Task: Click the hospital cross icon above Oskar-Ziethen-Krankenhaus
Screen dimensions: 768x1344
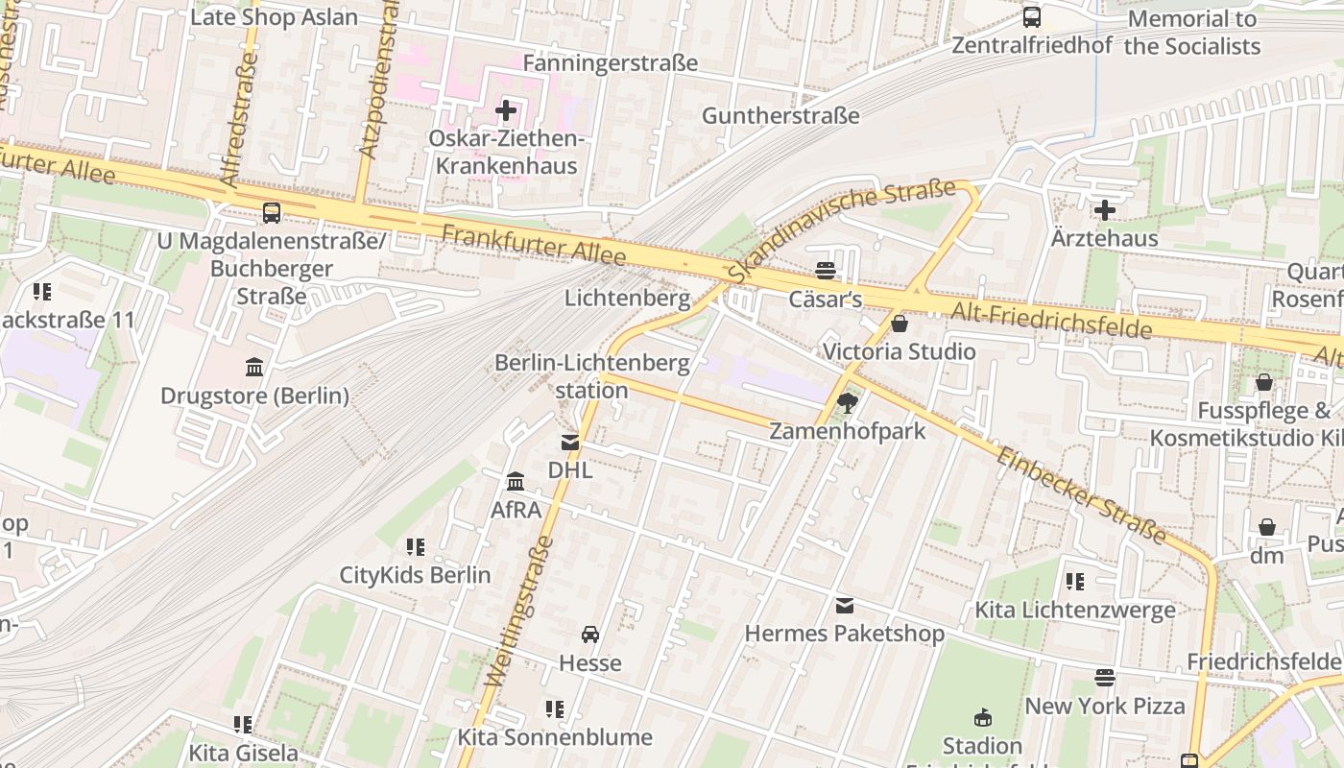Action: click(x=506, y=110)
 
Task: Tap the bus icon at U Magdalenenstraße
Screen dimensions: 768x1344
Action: click(x=272, y=213)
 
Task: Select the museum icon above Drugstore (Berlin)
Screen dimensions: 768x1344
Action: click(x=254, y=367)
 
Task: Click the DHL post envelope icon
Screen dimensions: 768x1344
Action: click(x=570, y=443)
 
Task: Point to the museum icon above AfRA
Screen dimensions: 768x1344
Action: click(x=516, y=480)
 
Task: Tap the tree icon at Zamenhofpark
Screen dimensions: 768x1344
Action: click(x=847, y=402)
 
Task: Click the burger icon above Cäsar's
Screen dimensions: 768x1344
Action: click(x=825, y=271)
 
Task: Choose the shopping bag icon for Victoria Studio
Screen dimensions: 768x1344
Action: click(x=900, y=324)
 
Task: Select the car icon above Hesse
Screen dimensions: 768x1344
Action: click(x=590, y=635)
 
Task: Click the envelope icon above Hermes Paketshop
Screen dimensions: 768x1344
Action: click(x=845, y=605)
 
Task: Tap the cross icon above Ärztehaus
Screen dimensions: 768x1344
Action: click(x=1105, y=209)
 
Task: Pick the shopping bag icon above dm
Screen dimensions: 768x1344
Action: click(x=1267, y=527)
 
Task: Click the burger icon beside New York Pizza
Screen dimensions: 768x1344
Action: click(x=1105, y=678)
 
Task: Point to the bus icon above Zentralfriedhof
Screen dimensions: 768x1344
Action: click(x=1032, y=16)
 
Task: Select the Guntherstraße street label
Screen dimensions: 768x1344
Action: click(x=780, y=116)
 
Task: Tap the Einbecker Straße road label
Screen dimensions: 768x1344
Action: click(x=1081, y=495)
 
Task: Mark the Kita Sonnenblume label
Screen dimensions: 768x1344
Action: click(x=554, y=737)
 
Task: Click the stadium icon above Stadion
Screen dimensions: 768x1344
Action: click(x=982, y=718)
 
